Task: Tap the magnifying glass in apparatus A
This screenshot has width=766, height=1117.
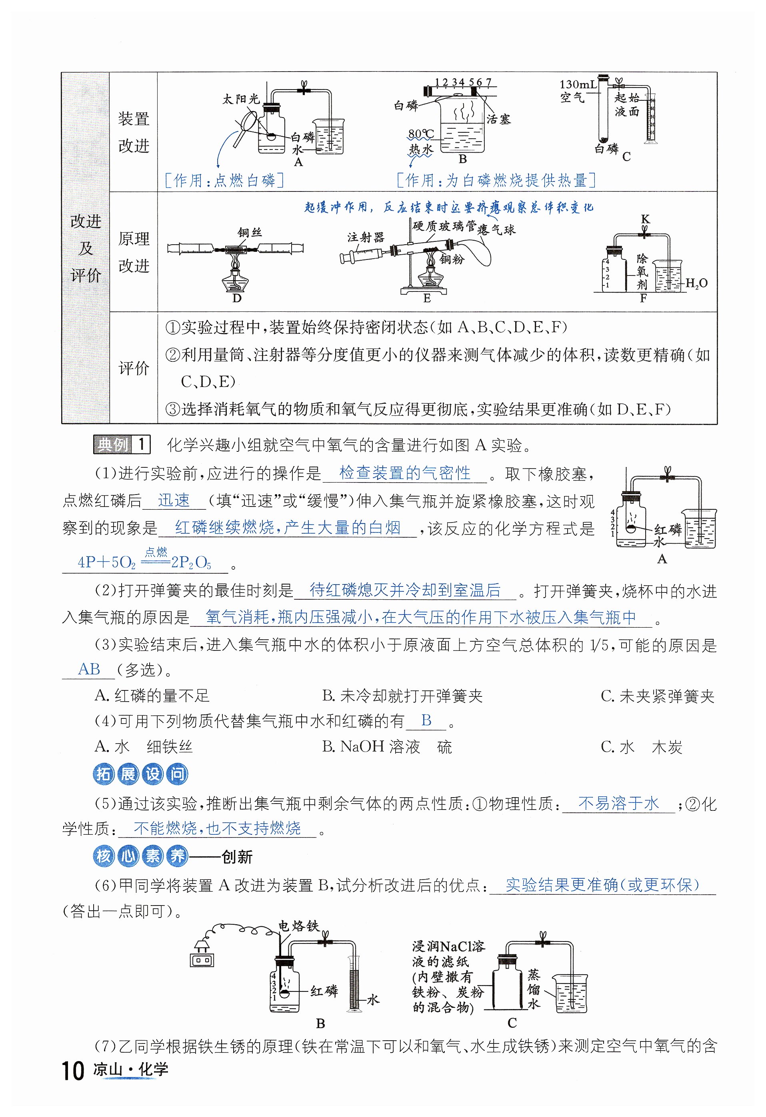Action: (246, 126)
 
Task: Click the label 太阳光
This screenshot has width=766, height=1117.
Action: (241, 99)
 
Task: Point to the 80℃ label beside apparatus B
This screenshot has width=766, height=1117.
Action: (421, 133)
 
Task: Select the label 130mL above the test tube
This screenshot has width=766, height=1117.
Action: (578, 85)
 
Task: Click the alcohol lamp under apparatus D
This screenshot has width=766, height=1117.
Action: (236, 281)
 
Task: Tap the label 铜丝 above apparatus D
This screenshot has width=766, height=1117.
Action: (250, 233)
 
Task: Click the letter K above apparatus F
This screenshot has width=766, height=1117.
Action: (645, 219)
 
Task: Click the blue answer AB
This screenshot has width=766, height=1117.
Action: (89, 669)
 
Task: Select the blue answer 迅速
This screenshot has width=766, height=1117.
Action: (174, 501)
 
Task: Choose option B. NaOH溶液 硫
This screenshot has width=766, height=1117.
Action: (387, 746)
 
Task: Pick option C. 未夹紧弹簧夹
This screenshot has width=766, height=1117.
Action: (657, 696)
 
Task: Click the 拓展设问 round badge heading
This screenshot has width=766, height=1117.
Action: (140, 774)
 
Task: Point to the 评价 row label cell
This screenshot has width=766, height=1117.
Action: (134, 368)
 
